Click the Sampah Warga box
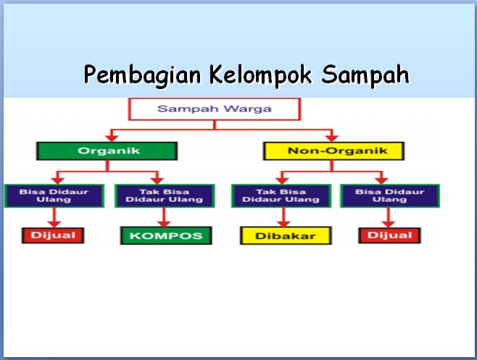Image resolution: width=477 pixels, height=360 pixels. tap(214, 110)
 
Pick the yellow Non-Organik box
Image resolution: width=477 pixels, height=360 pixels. tap(333, 151)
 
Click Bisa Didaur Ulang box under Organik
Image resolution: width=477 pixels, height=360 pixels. tap(53, 196)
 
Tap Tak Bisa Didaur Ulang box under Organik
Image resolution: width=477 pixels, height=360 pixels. tap(164, 196)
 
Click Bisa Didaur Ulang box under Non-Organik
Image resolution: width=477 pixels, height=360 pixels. tap(389, 196)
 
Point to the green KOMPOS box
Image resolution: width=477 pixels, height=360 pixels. tap(165, 235)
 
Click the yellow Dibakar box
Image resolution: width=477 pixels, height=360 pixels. tap(285, 235)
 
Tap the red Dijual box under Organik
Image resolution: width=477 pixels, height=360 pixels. tap(53, 235)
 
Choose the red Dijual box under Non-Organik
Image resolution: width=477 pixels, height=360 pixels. tap(389, 235)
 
